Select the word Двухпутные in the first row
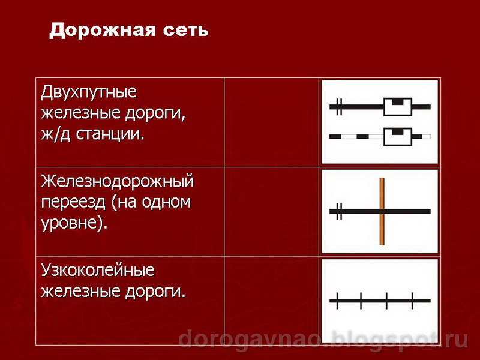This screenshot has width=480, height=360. pos(89,94)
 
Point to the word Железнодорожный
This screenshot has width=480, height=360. pos(118,181)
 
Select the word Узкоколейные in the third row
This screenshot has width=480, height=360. pos(98,271)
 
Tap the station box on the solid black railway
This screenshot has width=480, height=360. pos(397,106)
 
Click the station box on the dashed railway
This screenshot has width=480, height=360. pos(397,137)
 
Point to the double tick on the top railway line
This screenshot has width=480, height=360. pos(339,107)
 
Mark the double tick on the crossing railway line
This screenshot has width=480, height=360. pos(339,211)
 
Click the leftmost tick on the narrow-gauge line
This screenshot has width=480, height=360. pos(338,300)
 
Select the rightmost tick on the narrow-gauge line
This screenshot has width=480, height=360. pos(412,300)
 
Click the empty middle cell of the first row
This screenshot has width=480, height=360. pos(271,122)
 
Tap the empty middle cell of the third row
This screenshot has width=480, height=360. pos(271,300)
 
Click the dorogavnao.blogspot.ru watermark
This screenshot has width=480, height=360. pos(323,340)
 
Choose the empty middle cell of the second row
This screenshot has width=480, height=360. pos(271,211)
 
